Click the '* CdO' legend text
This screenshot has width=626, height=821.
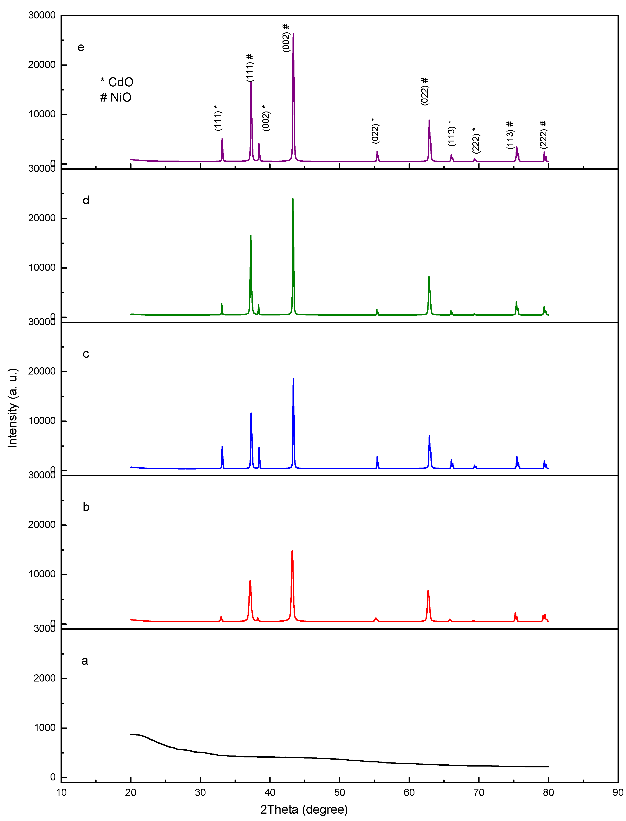[117, 82]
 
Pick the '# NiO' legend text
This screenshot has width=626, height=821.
[116, 98]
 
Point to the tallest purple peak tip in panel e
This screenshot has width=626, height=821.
[293, 34]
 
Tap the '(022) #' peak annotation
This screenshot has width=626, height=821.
[425, 91]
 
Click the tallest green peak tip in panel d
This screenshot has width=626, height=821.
[293, 199]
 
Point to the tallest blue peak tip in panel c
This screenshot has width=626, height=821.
[293, 379]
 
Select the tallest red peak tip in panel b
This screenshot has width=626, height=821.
[292, 551]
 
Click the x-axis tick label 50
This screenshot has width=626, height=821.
[339, 793]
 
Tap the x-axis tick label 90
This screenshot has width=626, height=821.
[618, 793]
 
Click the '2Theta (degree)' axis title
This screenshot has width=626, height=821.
[304, 810]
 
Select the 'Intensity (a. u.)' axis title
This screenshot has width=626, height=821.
[13, 408]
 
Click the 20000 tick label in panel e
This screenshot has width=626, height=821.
[42, 65]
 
